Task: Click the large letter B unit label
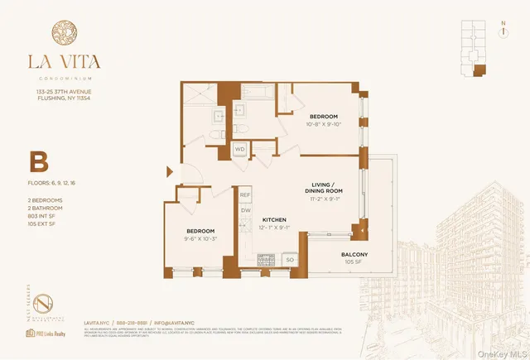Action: click(x=37, y=161)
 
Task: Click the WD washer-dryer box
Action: click(x=240, y=150)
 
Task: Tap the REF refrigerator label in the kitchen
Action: click(x=245, y=195)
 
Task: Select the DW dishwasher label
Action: click(x=245, y=210)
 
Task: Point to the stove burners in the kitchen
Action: click(x=268, y=259)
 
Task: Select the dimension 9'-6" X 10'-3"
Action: click(x=200, y=239)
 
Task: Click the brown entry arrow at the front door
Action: click(x=171, y=172)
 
